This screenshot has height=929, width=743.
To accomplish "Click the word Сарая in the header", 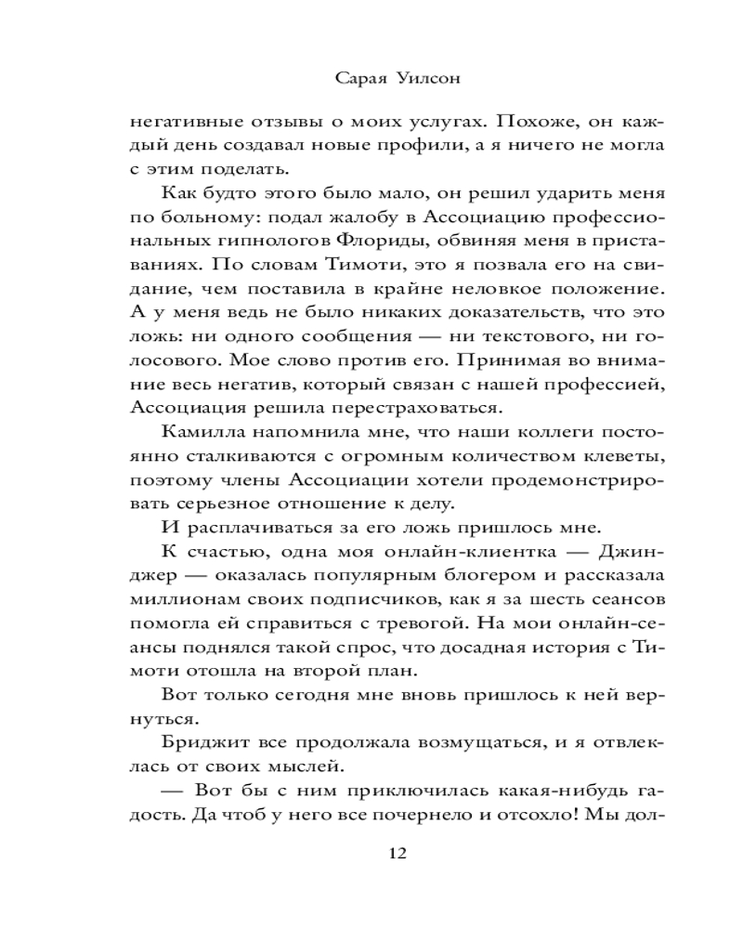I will [358, 80].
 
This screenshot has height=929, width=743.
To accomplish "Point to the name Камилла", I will [200, 432].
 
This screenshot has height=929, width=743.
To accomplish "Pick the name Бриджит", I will [201, 742].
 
